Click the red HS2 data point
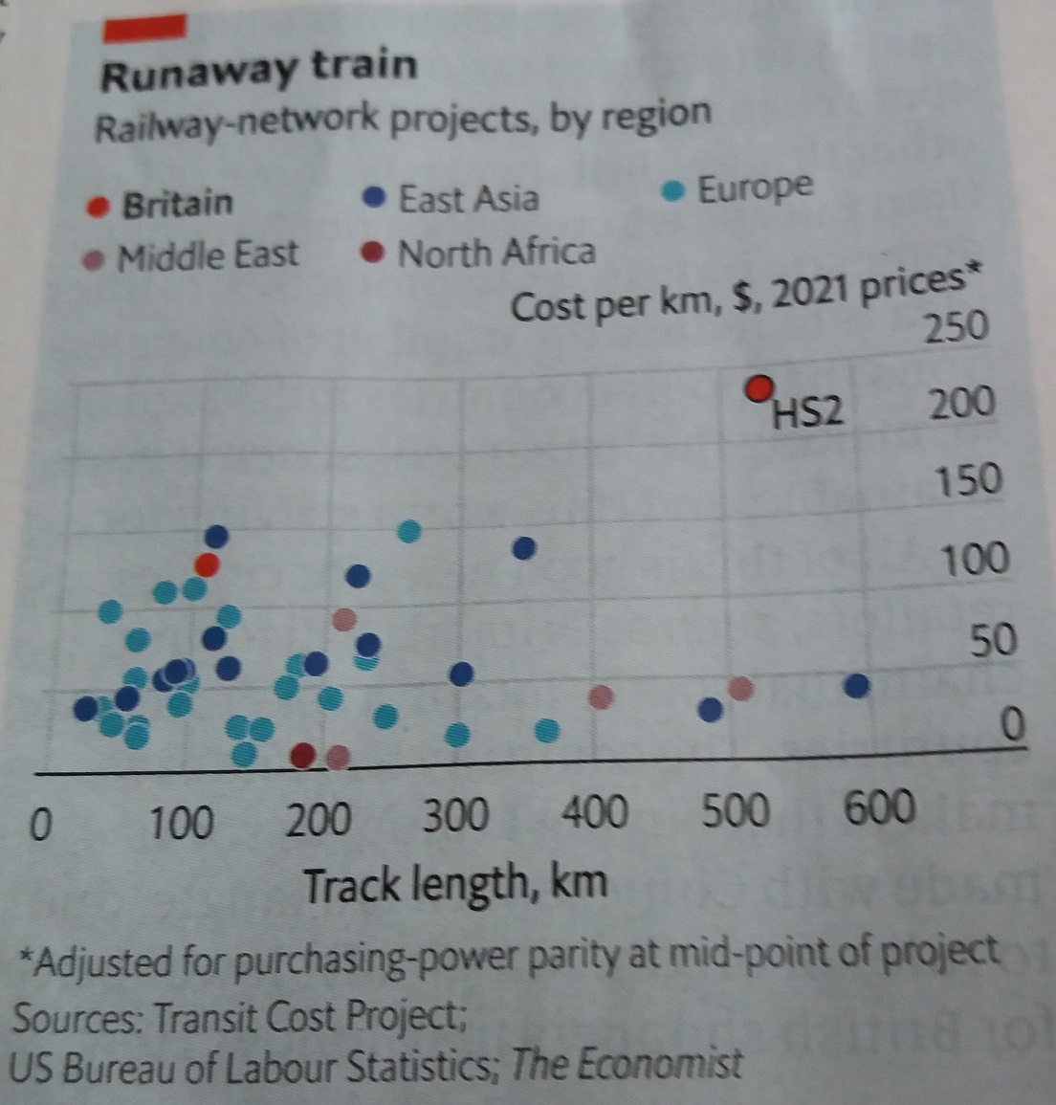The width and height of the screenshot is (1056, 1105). [x=760, y=388]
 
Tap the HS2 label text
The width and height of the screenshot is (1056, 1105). [x=808, y=412]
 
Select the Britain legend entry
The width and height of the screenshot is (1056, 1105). [x=177, y=204]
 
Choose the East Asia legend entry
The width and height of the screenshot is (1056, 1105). [x=467, y=199]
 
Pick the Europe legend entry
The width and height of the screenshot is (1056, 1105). [x=754, y=188]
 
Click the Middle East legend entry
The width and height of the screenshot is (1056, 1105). [x=207, y=256]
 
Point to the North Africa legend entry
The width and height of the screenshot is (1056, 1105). [x=495, y=254]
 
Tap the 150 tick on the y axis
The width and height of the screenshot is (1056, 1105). [x=968, y=480]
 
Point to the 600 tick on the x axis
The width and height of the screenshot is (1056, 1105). [x=878, y=807]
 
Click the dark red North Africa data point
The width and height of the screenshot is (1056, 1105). [x=303, y=756]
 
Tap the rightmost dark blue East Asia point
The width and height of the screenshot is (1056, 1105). [x=857, y=685]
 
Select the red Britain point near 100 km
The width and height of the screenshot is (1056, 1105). [x=208, y=565]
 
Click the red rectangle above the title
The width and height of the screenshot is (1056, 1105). [x=145, y=28]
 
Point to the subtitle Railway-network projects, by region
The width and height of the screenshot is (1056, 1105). [x=402, y=121]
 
